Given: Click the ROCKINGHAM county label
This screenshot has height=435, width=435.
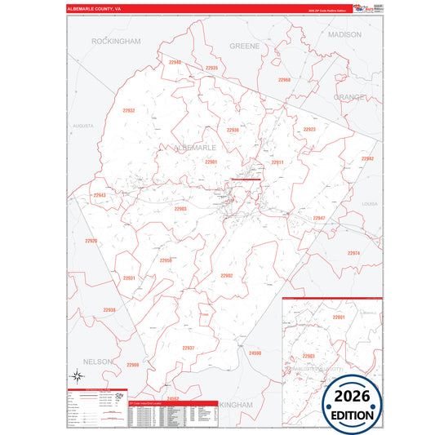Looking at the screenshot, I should pyautogui.click(x=117, y=41).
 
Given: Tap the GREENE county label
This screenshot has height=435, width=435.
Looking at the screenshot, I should pyautogui.click(x=244, y=47).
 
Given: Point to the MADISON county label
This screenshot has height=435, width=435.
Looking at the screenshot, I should pyautogui.click(x=344, y=36).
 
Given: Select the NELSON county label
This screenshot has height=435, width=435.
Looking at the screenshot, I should pyautogui.click(x=97, y=360).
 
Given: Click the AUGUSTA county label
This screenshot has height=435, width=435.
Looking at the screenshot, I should pyautogui.click(x=83, y=127).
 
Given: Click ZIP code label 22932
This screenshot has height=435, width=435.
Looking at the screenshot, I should pyautogui.click(x=128, y=110).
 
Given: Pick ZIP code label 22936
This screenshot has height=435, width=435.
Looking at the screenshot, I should pyautogui.click(x=233, y=130).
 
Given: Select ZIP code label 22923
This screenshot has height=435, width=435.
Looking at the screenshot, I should pyautogui.click(x=309, y=130).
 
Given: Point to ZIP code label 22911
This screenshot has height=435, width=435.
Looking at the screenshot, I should pyautogui.click(x=277, y=162).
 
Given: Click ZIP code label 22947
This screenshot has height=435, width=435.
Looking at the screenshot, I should pyautogui.click(x=318, y=218).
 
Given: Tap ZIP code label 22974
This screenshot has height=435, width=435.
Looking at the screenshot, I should pyautogui.click(x=353, y=253).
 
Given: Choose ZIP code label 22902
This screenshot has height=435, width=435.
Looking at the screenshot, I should pyautogui.click(x=227, y=276).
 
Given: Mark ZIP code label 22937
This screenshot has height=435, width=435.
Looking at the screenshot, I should pyautogui.click(x=188, y=348).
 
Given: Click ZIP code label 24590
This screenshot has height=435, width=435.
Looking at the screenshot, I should pyautogui.click(x=255, y=353).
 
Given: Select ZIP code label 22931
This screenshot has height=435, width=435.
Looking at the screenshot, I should pyautogui.click(x=129, y=278).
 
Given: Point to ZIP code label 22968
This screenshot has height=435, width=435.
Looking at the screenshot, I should pyautogui.click(x=284, y=80).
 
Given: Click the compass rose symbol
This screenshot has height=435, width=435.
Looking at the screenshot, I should pyautogui.click(x=77, y=376).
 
